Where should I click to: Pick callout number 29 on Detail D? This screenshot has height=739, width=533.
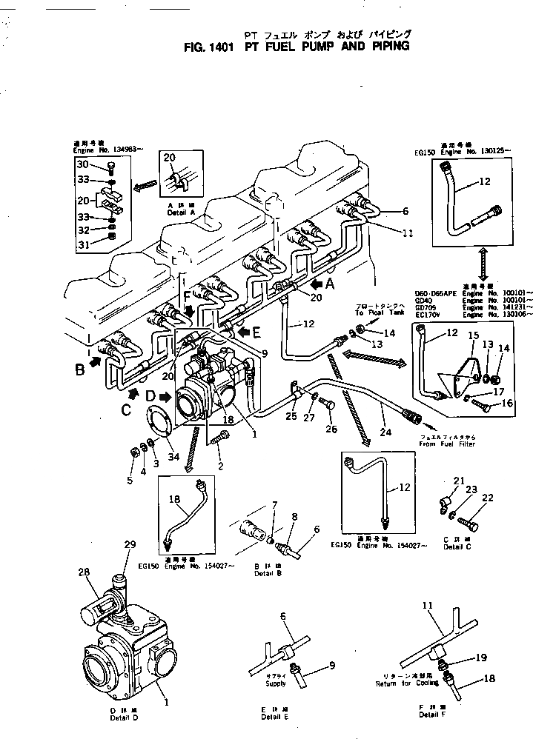click(130, 544)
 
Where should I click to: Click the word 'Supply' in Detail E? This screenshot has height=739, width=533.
click(277, 683)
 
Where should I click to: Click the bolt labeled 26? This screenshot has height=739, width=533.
click(328, 404)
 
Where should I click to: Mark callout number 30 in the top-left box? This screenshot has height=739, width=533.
click(82, 164)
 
